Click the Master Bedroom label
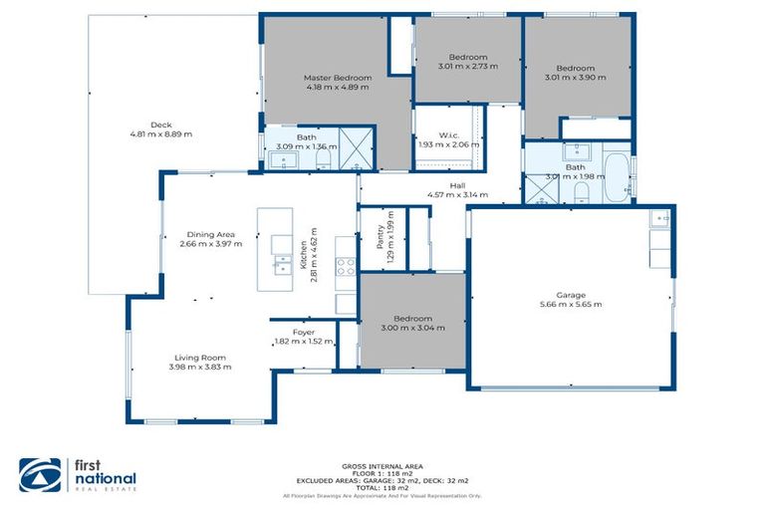[338, 78]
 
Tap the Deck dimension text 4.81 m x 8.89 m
[160, 133]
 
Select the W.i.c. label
[448, 135]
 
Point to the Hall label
[457, 185]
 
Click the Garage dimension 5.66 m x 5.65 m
[571, 304]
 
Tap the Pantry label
[380, 236]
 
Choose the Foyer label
[304, 332]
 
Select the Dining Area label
[210, 234]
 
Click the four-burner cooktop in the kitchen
[345, 266]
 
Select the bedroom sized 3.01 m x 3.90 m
[576, 77]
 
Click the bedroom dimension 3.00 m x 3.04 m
[413, 327]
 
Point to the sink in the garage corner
[660, 218]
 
